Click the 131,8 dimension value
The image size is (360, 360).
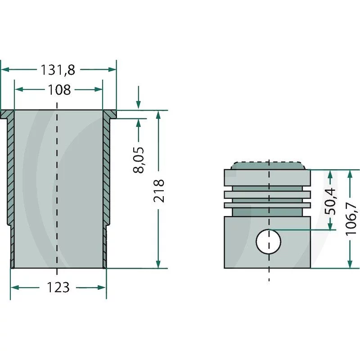coord(58,70)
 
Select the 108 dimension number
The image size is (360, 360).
coord(59,90)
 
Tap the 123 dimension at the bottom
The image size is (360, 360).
coord(58,288)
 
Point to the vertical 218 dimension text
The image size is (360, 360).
coord(159,191)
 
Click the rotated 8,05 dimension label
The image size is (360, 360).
coord(139,160)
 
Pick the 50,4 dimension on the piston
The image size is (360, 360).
coord(330,201)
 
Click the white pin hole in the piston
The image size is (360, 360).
coord(268,242)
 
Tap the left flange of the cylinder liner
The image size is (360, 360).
coord(6,114)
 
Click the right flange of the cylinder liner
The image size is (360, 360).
coord(110,114)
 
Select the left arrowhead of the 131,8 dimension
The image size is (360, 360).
coord(5,70)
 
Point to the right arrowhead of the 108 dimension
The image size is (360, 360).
coord(99,90)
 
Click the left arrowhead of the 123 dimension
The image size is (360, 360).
coord(15,288)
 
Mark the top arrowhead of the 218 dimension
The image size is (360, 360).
coord(158,115)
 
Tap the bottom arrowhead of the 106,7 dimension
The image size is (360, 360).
coord(350,264)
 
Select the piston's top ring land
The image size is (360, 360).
coord(267,178)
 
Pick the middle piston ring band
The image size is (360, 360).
coord(267,195)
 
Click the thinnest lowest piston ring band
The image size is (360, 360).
coord(267,205)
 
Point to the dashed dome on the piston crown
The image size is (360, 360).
coord(268,166)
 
